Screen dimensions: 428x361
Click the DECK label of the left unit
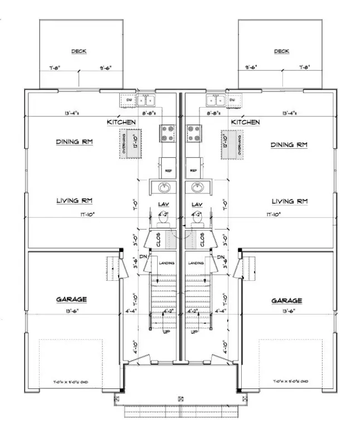(79, 51)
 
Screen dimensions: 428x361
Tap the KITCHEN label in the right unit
(245, 121)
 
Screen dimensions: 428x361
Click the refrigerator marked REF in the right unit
(193, 171)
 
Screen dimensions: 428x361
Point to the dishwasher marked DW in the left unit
(127, 100)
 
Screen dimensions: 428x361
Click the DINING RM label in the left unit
(74, 142)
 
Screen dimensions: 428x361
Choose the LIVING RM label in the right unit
(290, 201)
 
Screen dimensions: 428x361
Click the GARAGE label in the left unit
(71, 299)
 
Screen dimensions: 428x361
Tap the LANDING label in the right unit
(196, 263)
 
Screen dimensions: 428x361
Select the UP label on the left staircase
(165, 332)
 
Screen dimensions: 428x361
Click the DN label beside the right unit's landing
(221, 257)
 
